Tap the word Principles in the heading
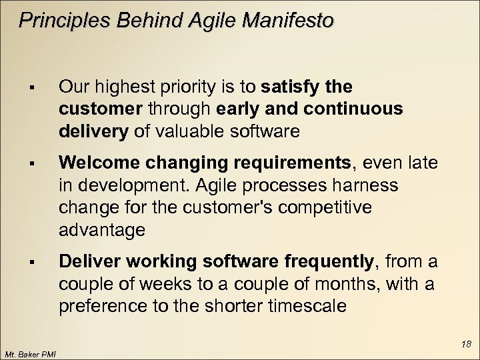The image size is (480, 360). (x=59, y=21)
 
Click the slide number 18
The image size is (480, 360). (x=466, y=344)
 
